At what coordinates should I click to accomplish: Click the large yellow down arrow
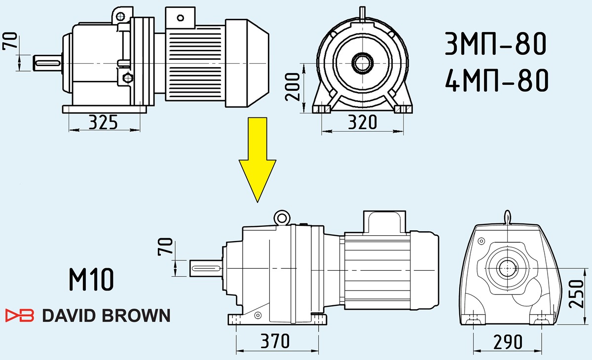(258, 160)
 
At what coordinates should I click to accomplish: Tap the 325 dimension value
(103, 122)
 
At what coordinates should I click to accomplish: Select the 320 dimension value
(362, 122)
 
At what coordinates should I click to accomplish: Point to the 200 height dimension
(293, 87)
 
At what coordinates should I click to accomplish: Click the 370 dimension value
(275, 341)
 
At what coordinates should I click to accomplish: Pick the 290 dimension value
(508, 342)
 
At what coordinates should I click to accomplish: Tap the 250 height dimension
(576, 294)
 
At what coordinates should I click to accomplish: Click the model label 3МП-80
(495, 44)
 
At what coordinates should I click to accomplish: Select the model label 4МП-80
(497, 80)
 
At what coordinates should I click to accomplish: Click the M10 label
(91, 280)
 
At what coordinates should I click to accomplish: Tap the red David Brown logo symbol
(20, 315)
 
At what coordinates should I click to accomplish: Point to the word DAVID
(70, 315)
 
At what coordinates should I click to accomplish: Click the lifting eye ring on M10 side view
(282, 218)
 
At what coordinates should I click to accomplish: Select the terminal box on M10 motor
(384, 222)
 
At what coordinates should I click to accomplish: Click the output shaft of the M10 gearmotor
(206, 268)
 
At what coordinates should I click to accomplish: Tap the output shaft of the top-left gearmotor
(47, 63)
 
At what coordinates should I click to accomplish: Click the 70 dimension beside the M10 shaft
(165, 247)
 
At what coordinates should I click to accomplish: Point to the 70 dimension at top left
(10, 41)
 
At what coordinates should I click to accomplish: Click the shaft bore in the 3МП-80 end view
(362, 63)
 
